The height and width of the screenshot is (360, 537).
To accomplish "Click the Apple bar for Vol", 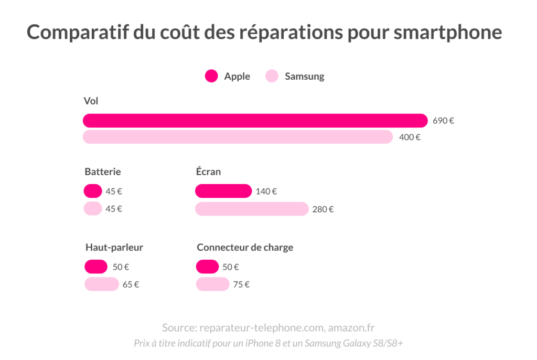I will tap(255, 121).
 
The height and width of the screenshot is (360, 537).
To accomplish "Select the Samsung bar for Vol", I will tap(238, 137).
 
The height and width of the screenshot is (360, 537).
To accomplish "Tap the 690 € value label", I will tap(443, 121).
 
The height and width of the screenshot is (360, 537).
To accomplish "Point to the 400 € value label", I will tap(410, 137).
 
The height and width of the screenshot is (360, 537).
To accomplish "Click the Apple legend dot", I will tap(211, 76).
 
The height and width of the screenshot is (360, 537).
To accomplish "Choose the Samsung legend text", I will tap(304, 77).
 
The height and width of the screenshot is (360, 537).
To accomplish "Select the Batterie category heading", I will tap(103, 172).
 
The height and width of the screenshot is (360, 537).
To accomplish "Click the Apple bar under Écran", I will tap(223, 191).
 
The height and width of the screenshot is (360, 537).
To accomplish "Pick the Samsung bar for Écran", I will tap(252, 209).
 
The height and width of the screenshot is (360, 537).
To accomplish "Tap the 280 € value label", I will tap(323, 209).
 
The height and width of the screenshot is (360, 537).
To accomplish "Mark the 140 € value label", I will tap(266, 192).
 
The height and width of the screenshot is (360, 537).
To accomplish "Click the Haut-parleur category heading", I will tap(114, 248).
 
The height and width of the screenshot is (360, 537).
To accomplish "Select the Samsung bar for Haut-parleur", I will tap(102, 284).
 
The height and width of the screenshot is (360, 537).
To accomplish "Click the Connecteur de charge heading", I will tap(245, 248).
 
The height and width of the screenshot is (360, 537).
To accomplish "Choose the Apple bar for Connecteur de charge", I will tap(208, 267).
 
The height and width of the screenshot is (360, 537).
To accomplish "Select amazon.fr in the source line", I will tap(351, 328).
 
